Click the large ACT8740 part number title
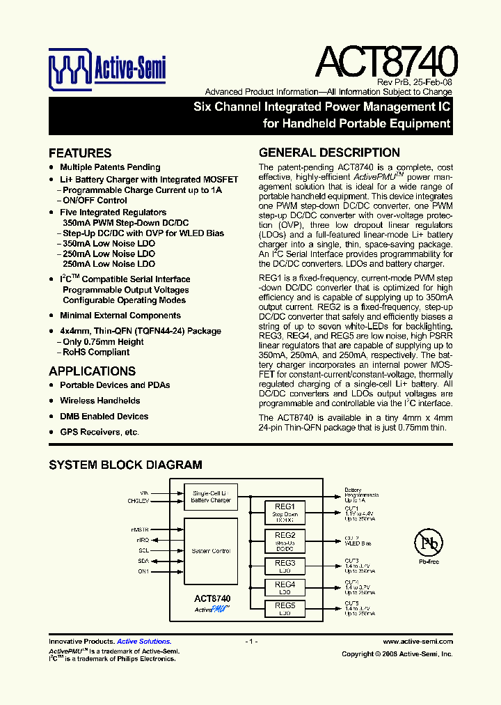(x=387, y=61)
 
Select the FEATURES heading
(x=80, y=153)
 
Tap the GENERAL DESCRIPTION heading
(x=329, y=153)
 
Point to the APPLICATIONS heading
(x=92, y=371)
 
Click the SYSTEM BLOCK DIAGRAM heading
(x=125, y=465)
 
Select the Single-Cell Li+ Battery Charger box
(x=211, y=497)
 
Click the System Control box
(x=211, y=551)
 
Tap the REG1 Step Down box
(x=285, y=513)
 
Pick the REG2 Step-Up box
(x=285, y=541)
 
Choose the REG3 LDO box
(x=285, y=566)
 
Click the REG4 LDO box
(x=285, y=588)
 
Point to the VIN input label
(x=144, y=492)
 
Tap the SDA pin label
(x=143, y=561)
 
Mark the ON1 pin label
(x=143, y=571)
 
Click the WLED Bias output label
(x=358, y=543)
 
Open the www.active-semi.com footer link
(x=418, y=642)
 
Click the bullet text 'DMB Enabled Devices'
(x=104, y=417)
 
